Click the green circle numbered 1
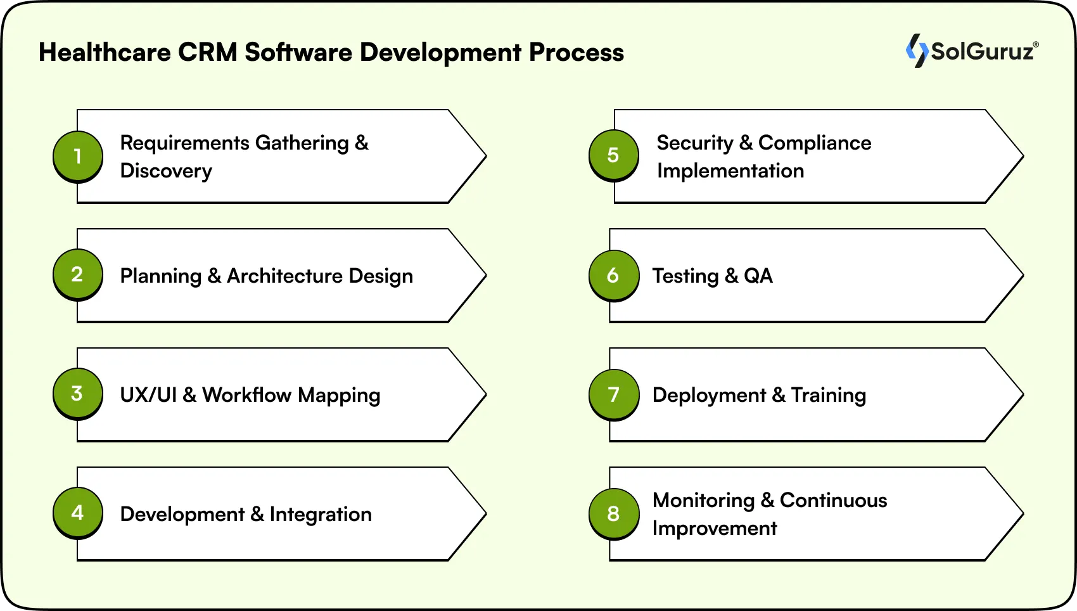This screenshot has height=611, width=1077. click(77, 156)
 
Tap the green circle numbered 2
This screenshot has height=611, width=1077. click(77, 274)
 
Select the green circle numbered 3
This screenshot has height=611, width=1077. click(77, 393)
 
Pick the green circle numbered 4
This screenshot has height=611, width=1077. click(77, 512)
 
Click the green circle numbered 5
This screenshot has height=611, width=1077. click(613, 155)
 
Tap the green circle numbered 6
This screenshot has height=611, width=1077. click(613, 274)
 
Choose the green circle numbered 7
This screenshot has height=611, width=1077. click(613, 394)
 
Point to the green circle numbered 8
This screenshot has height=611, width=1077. click(613, 513)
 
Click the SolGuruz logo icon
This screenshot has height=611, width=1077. click(916, 51)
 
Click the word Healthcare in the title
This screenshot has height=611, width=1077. click(105, 53)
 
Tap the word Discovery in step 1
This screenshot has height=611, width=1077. click(166, 171)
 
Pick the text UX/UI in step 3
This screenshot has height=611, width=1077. click(148, 395)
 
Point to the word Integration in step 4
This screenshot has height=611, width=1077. click(321, 514)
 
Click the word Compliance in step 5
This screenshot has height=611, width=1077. click(815, 143)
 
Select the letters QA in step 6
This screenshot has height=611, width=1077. click(758, 276)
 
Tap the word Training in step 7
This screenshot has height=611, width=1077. click(828, 395)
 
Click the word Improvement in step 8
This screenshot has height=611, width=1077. click(715, 529)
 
